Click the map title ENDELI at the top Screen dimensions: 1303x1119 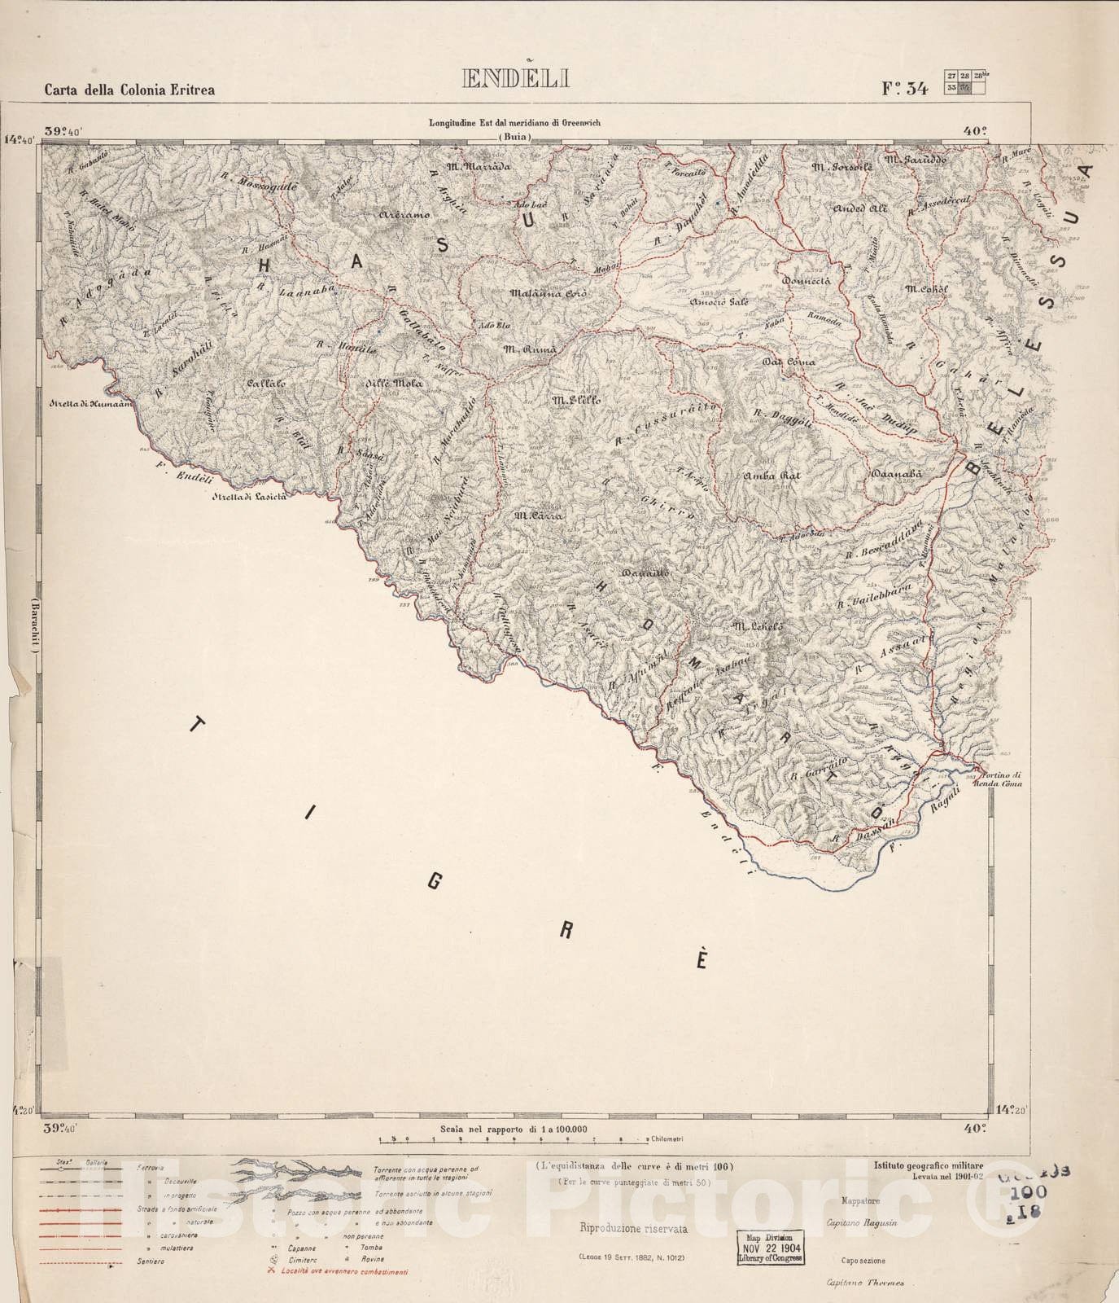click(516, 79)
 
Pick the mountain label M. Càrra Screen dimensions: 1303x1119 click(534, 515)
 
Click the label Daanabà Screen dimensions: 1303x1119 click(894, 474)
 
